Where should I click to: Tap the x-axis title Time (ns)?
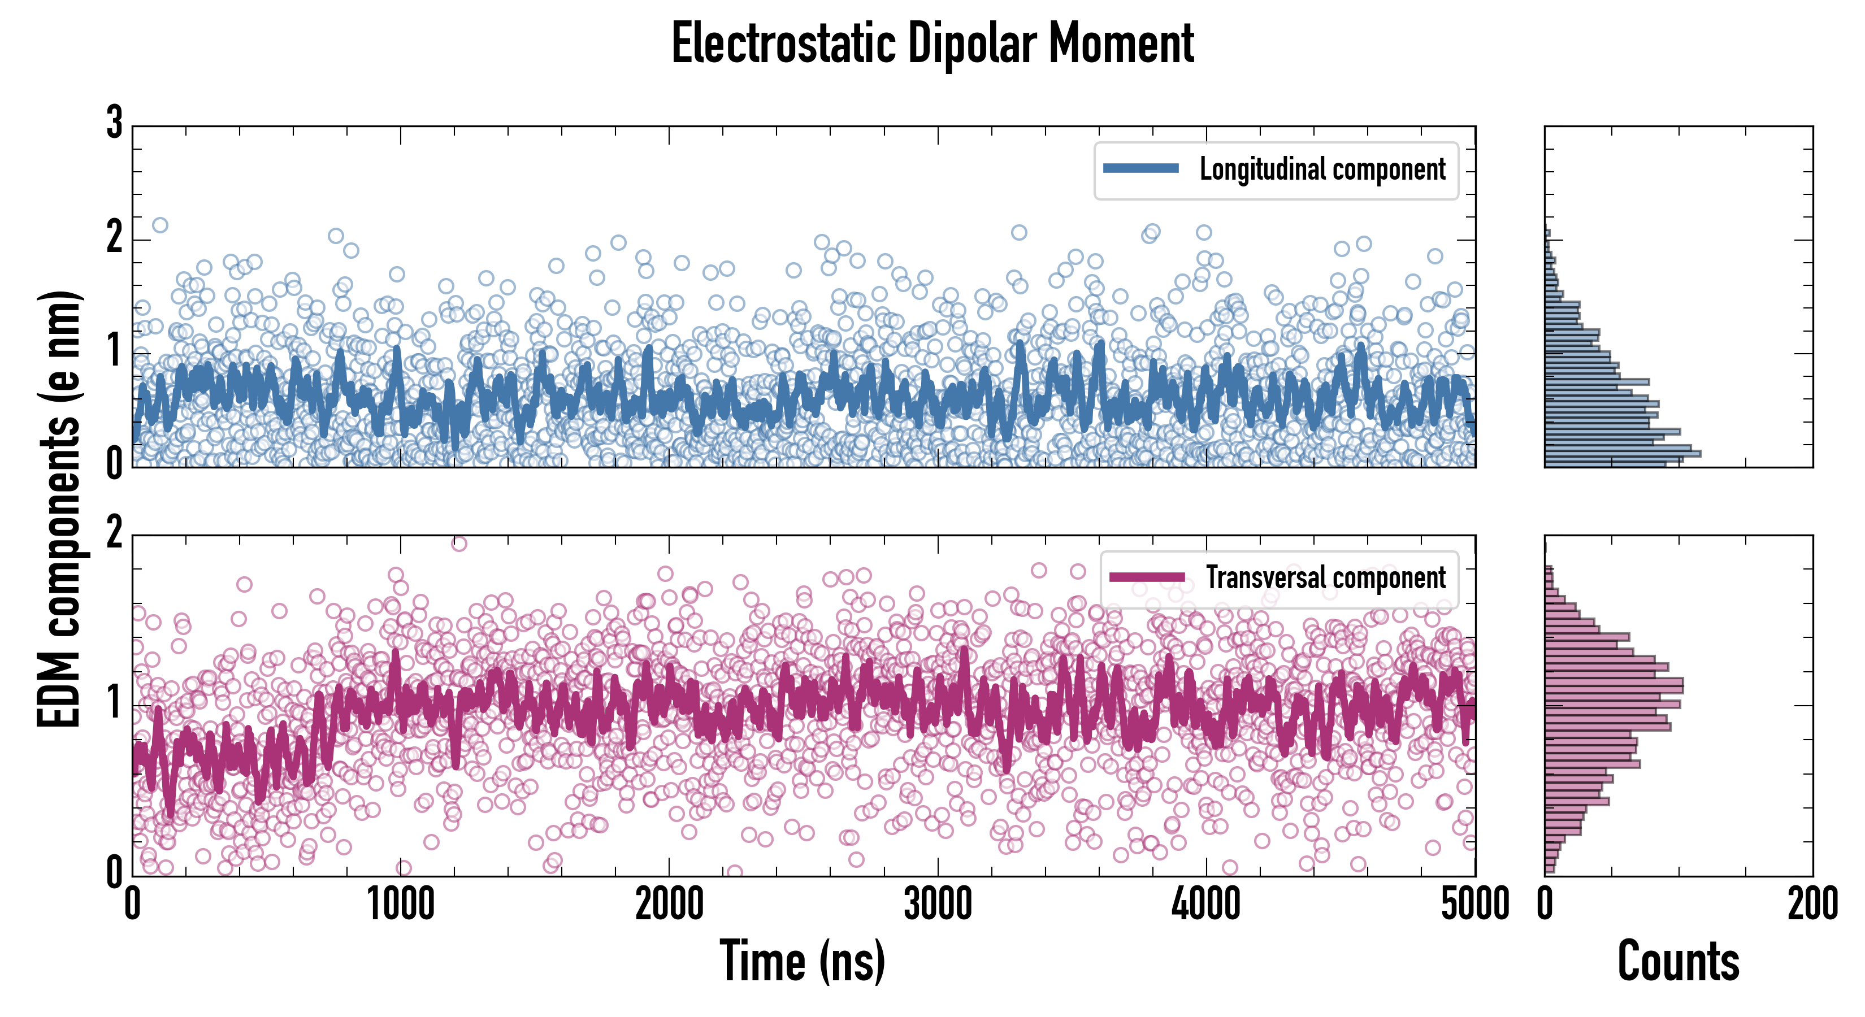(802, 960)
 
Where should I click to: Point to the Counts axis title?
(1678, 960)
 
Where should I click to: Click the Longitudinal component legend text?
(1322, 169)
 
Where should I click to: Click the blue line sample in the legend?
(1140, 169)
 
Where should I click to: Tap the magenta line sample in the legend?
(1147, 577)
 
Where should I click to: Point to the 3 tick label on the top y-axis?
(114, 123)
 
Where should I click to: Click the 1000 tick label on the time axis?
(400, 904)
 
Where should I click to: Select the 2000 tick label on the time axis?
(669, 904)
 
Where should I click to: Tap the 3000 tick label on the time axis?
(938, 904)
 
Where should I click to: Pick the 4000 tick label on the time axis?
(1206, 904)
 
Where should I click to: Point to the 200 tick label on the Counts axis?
(1812, 904)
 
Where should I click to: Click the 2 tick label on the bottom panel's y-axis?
(114, 534)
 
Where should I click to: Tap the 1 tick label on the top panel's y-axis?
(114, 352)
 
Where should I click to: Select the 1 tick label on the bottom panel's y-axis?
(114, 703)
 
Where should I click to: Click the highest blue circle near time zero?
(160, 225)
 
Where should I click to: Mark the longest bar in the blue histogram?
(1623, 454)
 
